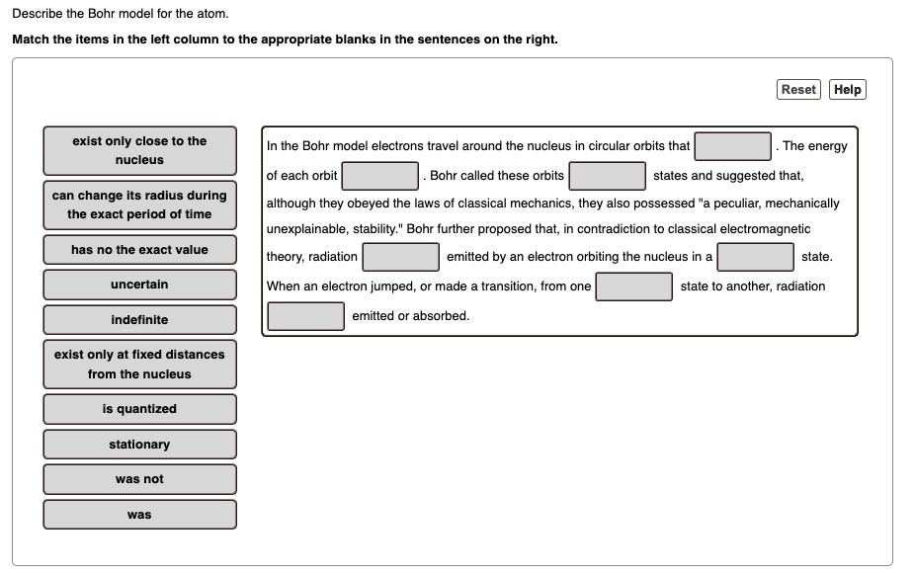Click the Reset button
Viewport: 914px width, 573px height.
pyautogui.click(x=798, y=90)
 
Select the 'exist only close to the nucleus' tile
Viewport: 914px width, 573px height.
pyautogui.click(x=139, y=150)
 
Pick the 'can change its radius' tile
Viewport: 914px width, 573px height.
pyautogui.click(x=139, y=205)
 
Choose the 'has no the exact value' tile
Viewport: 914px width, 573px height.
pyautogui.click(x=139, y=250)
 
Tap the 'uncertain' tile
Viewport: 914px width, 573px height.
pyautogui.click(x=139, y=285)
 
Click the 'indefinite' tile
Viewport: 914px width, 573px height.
pyautogui.click(x=139, y=320)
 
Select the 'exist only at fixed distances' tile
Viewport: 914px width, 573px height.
pyautogui.click(x=139, y=365)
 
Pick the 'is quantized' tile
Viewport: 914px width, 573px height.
pyautogui.click(x=139, y=409)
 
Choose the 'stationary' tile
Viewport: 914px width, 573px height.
pyautogui.click(x=139, y=445)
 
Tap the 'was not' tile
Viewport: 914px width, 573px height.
pyautogui.click(x=139, y=479)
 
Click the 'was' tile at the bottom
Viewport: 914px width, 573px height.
pyautogui.click(x=139, y=515)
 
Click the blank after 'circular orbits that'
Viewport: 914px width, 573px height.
pyautogui.click(x=732, y=146)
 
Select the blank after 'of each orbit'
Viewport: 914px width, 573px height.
pyautogui.click(x=380, y=176)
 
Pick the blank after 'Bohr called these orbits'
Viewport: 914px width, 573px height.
pyautogui.click(x=608, y=176)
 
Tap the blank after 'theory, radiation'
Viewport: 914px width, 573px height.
pyautogui.click(x=401, y=257)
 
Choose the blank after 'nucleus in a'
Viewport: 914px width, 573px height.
pyautogui.click(x=756, y=257)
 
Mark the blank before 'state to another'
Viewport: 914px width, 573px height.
pyautogui.click(x=634, y=286)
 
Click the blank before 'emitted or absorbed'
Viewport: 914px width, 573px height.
pyautogui.click(x=306, y=316)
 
